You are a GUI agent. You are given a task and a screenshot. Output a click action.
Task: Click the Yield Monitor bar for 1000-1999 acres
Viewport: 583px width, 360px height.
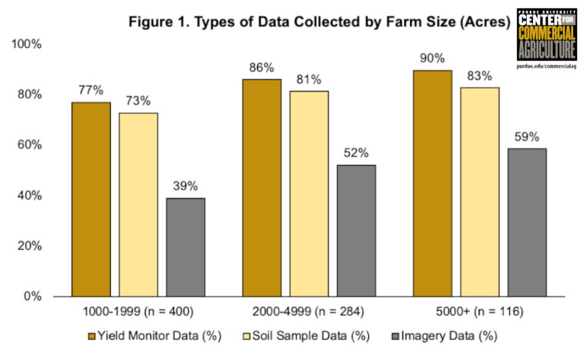[91, 199]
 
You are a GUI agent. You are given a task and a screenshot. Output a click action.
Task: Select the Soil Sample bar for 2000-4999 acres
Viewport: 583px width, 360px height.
[309, 194]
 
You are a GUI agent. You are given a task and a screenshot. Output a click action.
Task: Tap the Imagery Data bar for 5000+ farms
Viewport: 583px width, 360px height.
[527, 222]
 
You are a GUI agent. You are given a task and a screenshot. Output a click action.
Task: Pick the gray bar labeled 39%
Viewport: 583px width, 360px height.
[185, 247]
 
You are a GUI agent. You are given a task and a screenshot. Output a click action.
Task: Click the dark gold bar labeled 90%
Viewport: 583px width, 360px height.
[433, 183]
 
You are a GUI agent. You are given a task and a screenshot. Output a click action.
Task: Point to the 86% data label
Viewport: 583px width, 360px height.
[261, 67]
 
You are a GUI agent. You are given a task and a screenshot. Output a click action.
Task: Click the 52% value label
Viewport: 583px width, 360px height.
[356, 152]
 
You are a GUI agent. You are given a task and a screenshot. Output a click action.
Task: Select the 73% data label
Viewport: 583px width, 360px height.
[138, 100]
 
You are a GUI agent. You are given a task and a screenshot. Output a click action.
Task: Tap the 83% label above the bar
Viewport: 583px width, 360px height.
[480, 75]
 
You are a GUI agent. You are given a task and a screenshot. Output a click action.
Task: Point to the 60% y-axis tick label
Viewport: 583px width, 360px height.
[29, 145]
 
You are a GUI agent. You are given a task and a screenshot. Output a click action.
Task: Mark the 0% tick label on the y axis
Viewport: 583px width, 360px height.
[32, 296]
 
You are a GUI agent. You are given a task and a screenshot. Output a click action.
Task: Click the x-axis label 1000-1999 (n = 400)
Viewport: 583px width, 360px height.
[139, 311]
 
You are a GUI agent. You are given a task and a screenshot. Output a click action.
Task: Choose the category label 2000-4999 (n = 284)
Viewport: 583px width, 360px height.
[309, 311]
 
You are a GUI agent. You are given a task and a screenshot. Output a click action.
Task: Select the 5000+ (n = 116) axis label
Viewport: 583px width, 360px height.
[480, 311]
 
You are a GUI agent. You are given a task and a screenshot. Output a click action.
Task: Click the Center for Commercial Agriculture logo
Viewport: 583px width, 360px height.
[545, 39]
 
